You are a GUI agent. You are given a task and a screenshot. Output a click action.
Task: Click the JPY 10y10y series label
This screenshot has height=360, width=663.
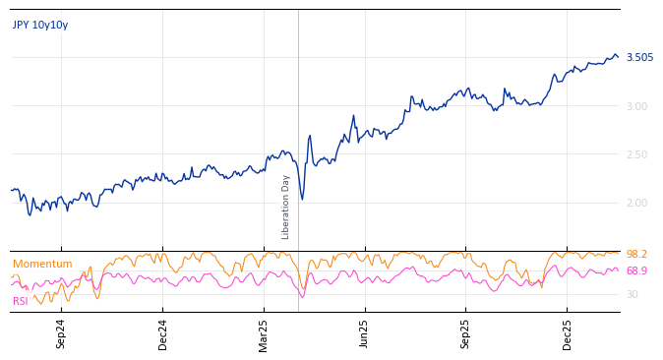[x=40, y=26]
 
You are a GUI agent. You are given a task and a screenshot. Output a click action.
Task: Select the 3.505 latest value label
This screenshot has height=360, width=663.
[x=639, y=57]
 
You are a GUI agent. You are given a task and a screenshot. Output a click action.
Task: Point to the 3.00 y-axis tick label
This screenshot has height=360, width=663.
[x=636, y=106]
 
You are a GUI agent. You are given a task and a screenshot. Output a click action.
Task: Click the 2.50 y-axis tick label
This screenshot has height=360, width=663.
[x=636, y=154]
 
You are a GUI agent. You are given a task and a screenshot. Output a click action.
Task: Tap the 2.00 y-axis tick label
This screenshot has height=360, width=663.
[x=636, y=203]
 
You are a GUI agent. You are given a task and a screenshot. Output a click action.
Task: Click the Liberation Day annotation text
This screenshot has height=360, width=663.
[x=286, y=207]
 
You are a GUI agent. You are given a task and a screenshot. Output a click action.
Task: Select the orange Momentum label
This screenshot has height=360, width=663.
[x=42, y=264]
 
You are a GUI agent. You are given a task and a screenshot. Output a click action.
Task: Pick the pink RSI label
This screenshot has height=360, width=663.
[x=21, y=301]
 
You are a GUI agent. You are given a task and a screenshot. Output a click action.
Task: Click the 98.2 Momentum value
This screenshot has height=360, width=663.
[x=636, y=254]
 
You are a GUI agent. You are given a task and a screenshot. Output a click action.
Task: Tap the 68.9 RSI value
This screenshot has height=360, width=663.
[x=636, y=270]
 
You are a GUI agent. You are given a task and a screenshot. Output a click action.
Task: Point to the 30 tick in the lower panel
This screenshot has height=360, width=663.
[x=632, y=294]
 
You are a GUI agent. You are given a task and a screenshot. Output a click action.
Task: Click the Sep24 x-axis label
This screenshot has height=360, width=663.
[x=61, y=333]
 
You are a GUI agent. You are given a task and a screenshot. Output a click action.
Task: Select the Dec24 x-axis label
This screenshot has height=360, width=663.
[x=163, y=333]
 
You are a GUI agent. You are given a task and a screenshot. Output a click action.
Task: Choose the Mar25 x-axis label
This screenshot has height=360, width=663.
[x=264, y=333]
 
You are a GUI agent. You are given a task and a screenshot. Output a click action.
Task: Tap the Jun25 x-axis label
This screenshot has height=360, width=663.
[x=364, y=333]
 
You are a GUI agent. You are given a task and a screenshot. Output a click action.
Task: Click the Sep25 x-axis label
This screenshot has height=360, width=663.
[x=465, y=333]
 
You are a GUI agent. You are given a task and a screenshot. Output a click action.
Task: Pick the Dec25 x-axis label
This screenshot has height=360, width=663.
[x=567, y=333]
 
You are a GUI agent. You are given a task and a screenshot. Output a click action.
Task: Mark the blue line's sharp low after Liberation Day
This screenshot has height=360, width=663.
[x=302, y=200]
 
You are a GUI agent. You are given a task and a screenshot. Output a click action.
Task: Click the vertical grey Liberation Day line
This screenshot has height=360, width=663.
[x=298, y=98]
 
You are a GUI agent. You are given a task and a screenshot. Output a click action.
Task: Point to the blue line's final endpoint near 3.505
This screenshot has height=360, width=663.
[x=618, y=56]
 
